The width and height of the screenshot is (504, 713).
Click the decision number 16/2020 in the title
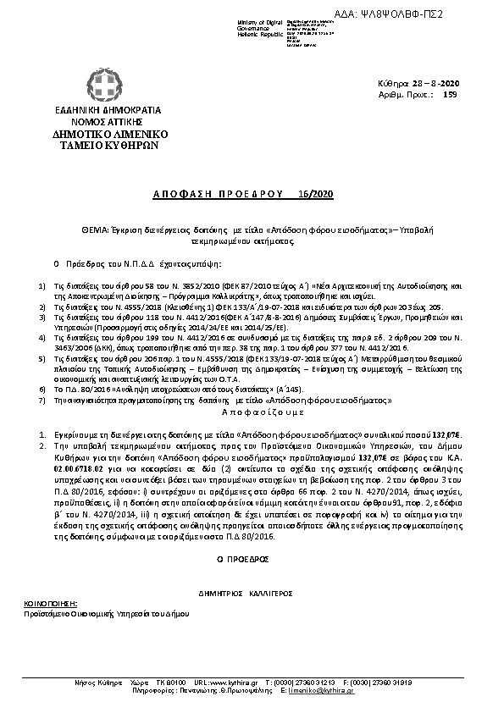[319, 194]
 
